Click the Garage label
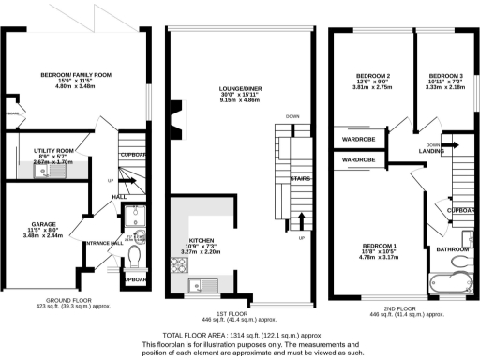click(45, 225)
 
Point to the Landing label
click(431, 154)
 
